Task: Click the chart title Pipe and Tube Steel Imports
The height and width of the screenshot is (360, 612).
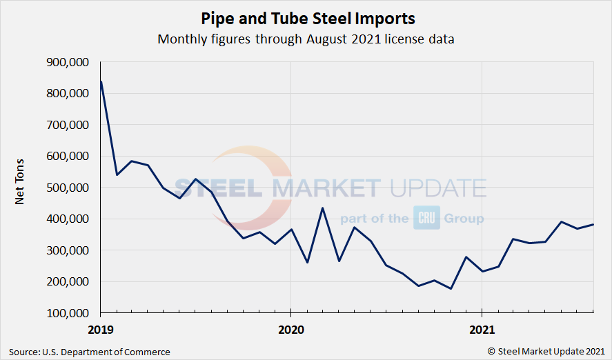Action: pos(306,17)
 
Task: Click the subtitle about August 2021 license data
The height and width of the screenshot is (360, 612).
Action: pos(306,39)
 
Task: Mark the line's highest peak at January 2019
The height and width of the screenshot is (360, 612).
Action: pos(101,82)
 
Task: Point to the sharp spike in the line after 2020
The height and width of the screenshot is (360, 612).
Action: pos(322,208)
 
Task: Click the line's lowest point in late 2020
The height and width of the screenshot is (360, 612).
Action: pos(451,288)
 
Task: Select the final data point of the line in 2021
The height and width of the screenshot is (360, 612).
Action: pos(593,225)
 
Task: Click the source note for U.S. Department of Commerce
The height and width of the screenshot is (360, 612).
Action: pos(90,352)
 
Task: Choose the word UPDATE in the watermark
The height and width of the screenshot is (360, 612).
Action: pos(436,188)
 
